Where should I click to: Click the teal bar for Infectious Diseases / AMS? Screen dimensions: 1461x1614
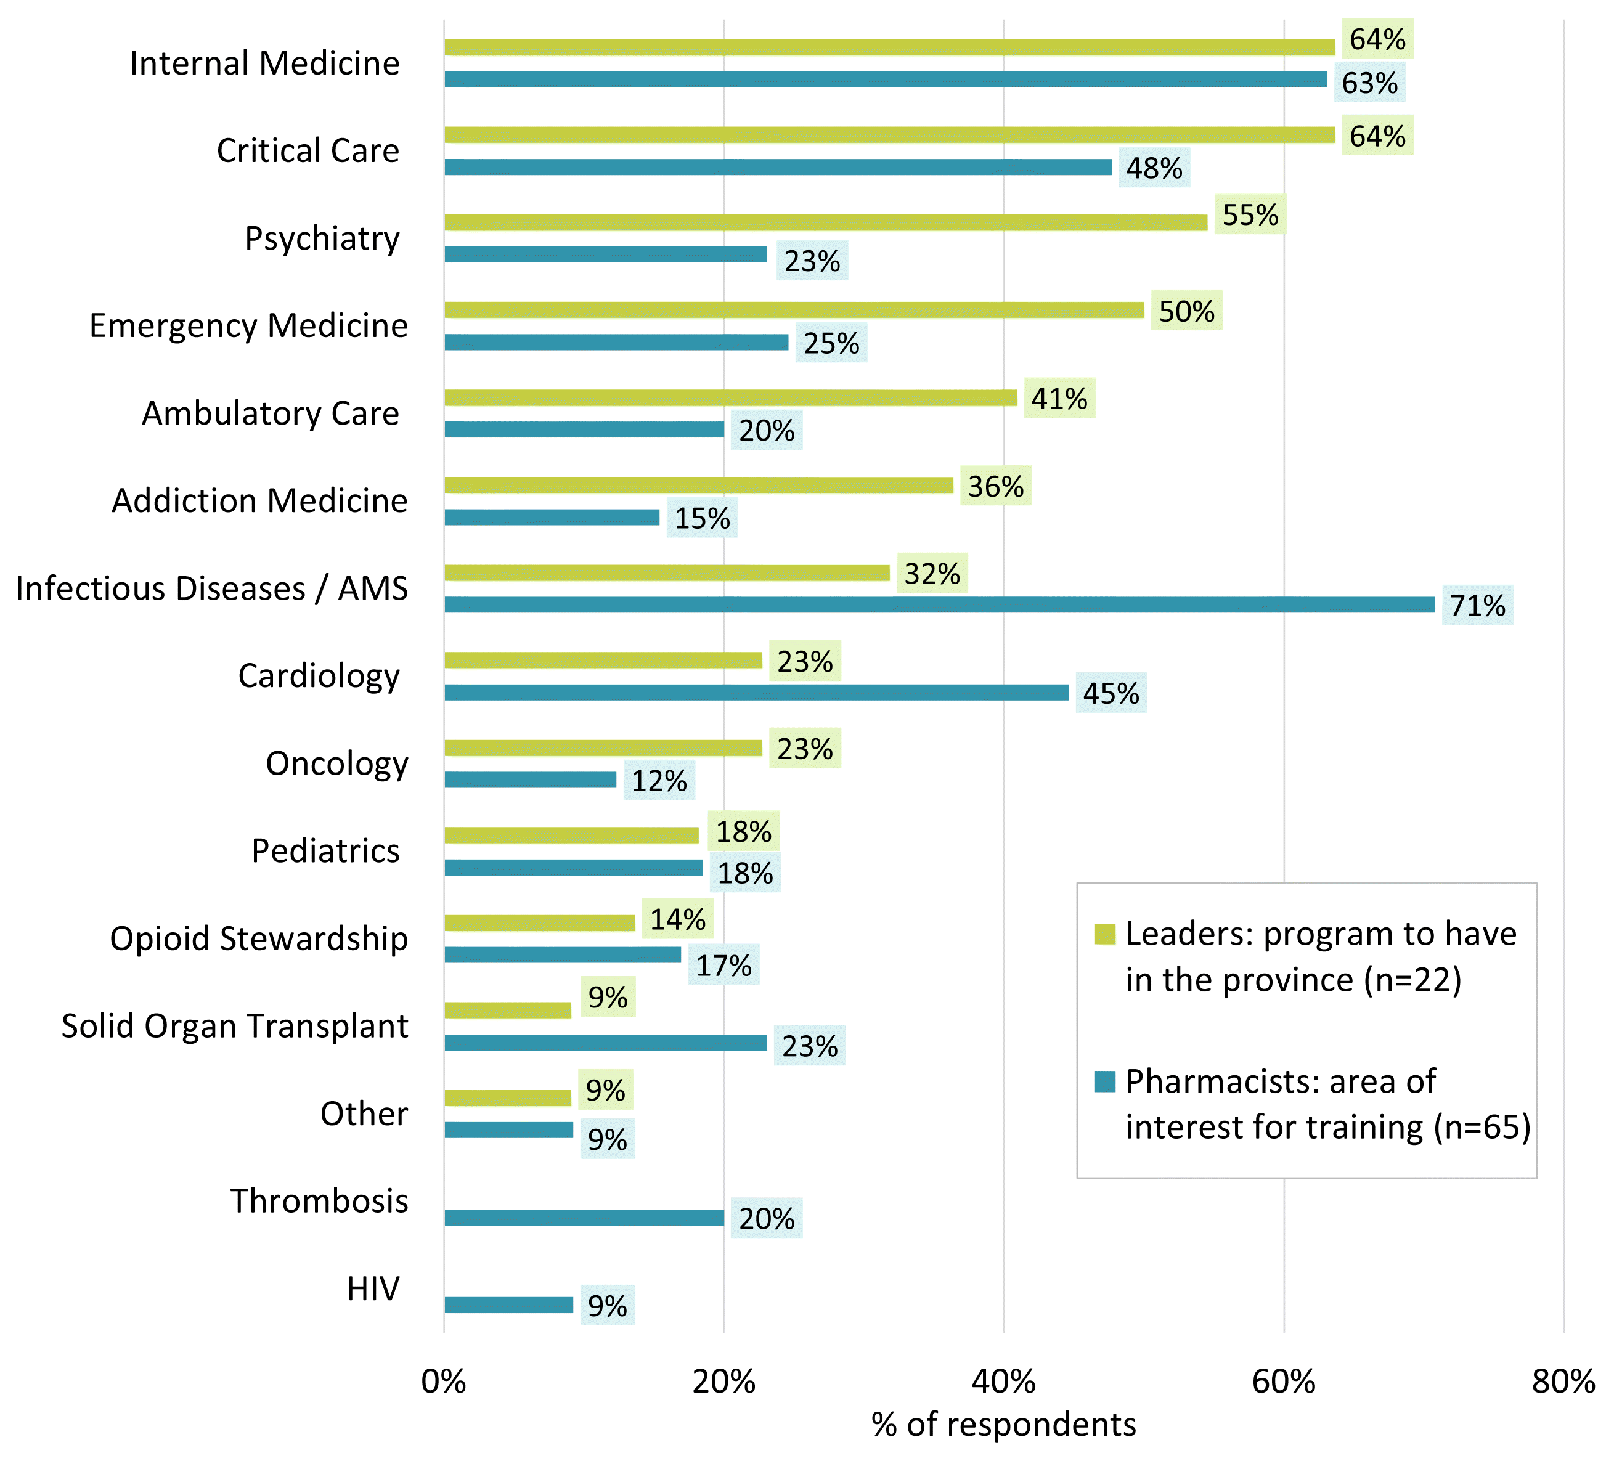coord(939,604)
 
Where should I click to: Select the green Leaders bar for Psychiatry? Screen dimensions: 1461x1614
coord(825,222)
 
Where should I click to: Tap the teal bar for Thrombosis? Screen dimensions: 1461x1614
coord(584,1218)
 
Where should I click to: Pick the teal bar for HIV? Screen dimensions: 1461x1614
coord(508,1305)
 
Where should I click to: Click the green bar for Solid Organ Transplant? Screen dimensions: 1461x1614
coord(508,1011)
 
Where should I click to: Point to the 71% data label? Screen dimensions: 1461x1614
coord(1477,605)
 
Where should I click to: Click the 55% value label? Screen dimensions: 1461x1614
coord(1250,214)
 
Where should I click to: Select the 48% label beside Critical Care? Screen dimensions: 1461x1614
coord(1154,168)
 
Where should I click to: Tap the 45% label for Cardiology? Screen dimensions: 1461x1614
coord(1111,693)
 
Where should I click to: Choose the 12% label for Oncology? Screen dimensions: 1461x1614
coord(659,781)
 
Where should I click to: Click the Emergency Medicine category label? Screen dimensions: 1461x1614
coord(248,326)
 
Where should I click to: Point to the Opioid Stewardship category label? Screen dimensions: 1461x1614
coord(259,938)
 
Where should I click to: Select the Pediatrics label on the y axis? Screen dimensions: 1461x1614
coord(325,851)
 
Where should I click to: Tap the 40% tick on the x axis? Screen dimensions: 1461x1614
coord(1003,1382)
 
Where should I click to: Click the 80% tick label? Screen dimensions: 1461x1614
coord(1563,1382)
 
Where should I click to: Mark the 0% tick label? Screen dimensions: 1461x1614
coord(444,1382)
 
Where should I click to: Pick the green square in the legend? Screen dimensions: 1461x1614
coord(1105,934)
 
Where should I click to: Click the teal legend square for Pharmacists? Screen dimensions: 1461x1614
coord(1105,1081)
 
